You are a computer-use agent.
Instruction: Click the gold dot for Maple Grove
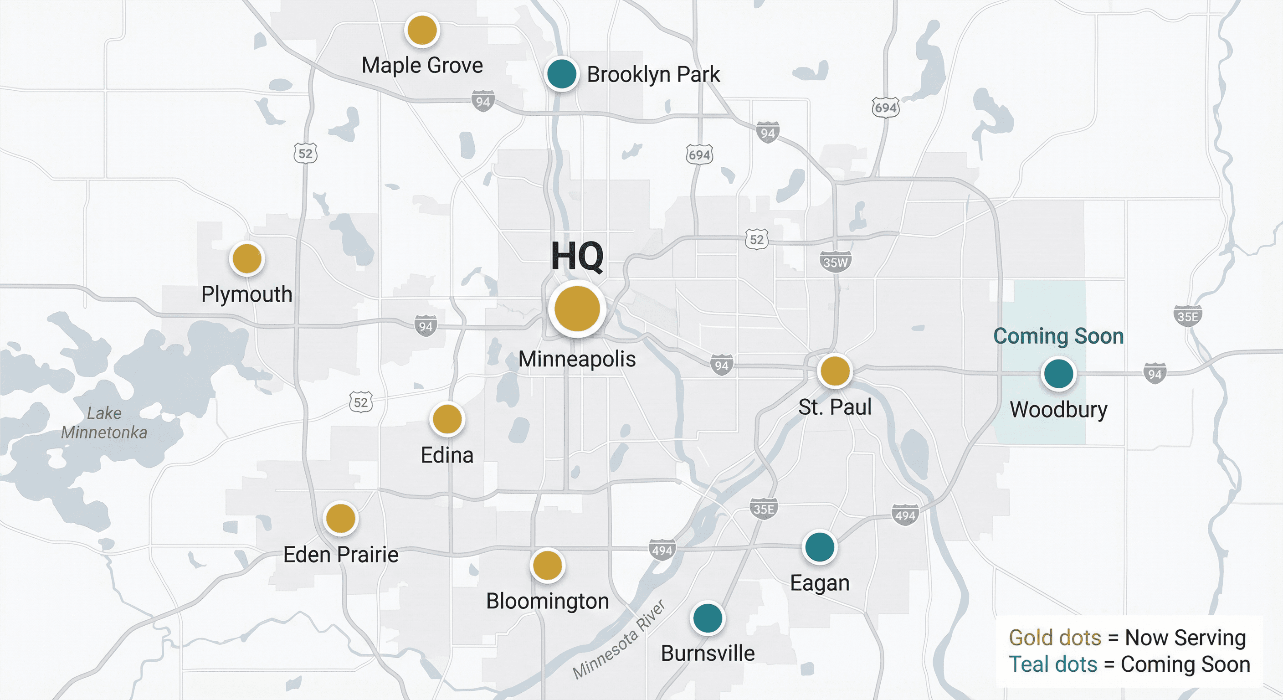tap(422, 31)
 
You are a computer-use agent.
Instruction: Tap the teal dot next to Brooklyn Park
tap(561, 74)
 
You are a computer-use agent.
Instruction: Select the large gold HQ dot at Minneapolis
tap(577, 309)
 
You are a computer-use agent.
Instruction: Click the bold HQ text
tap(577, 257)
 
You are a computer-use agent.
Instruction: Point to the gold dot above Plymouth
tap(247, 259)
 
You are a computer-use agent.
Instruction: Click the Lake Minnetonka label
tap(104, 422)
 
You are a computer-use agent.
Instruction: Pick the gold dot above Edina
tap(447, 419)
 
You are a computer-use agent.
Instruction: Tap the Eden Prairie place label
tap(341, 555)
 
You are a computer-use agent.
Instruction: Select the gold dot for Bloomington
tap(547, 566)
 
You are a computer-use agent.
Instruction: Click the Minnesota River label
tap(619, 640)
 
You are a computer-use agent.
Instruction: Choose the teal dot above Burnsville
tap(707, 618)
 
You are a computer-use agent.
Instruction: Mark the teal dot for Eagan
tap(819, 547)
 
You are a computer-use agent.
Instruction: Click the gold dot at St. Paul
tap(835, 371)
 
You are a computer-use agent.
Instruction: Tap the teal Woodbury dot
tap(1058, 373)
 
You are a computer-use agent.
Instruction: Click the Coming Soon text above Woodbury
tap(1058, 336)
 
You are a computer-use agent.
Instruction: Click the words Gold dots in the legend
tap(1054, 638)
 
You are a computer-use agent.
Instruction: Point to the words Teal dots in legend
tap(1052, 664)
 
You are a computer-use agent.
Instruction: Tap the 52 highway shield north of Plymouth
tap(305, 154)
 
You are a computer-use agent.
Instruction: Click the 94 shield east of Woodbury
tap(1155, 374)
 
